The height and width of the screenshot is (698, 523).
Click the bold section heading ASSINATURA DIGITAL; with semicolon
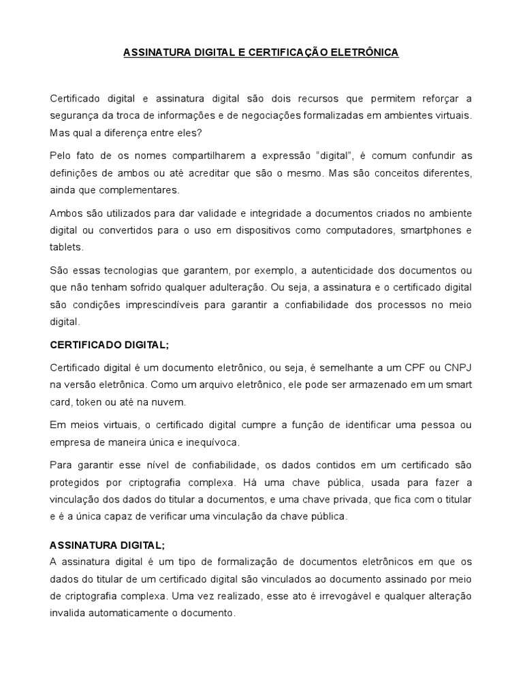[108, 545]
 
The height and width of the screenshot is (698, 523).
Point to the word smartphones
[428, 230]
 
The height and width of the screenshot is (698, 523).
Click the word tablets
[66, 247]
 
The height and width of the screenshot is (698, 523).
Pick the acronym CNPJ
[455, 368]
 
